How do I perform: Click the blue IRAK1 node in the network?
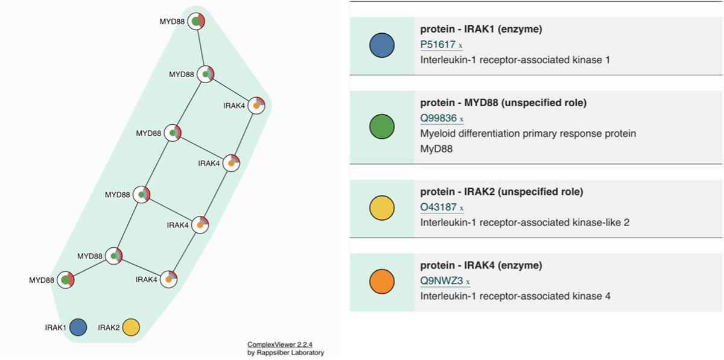point(77,327)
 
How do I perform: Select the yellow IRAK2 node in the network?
point(131,328)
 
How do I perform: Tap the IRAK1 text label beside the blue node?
point(55,328)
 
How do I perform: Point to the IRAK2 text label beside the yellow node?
point(109,328)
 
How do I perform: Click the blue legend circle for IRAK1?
point(381,46)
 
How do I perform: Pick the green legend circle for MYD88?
point(381,127)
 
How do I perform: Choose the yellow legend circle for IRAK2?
point(381,209)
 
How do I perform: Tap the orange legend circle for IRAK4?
point(381,282)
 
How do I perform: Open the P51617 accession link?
point(437,45)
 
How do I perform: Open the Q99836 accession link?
point(438,118)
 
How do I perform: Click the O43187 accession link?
point(438,208)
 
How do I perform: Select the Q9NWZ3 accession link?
point(441,281)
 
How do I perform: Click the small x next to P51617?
point(460,45)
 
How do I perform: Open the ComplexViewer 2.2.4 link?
point(281,344)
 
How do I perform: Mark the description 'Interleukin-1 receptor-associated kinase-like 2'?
point(524,223)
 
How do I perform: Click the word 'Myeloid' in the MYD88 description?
point(438,133)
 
